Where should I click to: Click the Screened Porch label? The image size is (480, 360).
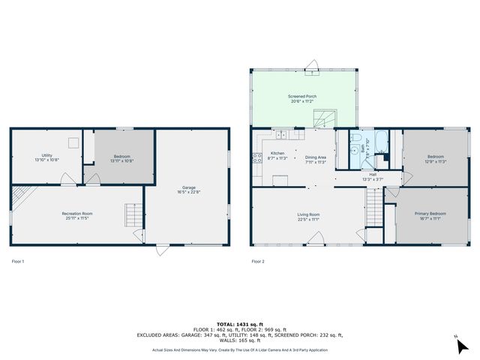click(x=302, y=97)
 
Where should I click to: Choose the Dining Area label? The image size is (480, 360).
click(x=316, y=157)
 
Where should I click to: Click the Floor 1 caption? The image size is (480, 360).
click(x=18, y=261)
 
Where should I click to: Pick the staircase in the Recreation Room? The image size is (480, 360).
click(x=133, y=217)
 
